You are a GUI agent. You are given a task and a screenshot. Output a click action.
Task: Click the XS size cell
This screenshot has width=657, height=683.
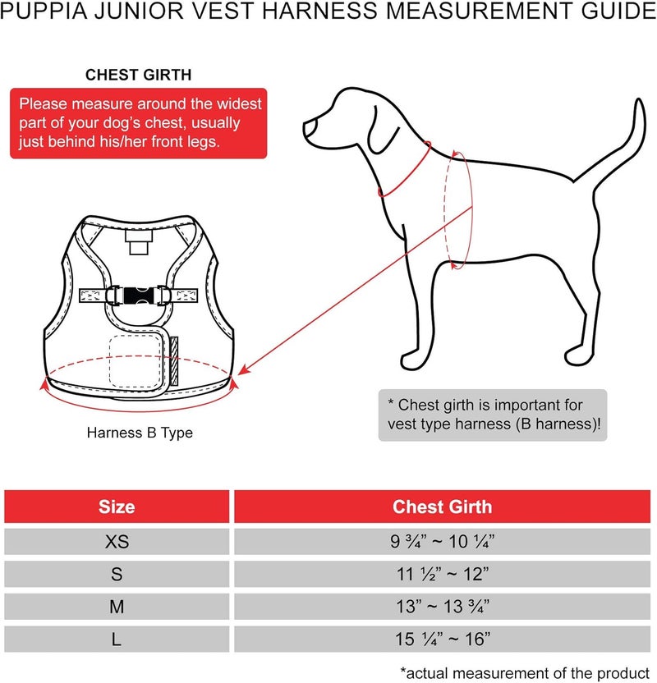(x=117, y=542)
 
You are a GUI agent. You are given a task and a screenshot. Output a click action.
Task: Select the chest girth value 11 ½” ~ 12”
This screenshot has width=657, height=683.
(x=442, y=574)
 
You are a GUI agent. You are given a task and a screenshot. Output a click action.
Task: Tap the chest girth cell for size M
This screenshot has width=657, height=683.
(x=442, y=607)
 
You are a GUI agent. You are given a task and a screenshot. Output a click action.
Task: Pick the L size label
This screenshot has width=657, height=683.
(x=117, y=639)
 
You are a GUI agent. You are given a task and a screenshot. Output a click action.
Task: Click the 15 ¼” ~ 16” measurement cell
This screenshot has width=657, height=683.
(x=442, y=639)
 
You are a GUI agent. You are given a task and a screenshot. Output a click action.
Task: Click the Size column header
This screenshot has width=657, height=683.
(x=117, y=507)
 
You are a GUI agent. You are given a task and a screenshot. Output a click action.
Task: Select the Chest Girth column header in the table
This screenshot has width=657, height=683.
(x=442, y=507)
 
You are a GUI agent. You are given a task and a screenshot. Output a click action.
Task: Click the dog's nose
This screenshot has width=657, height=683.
(x=308, y=127)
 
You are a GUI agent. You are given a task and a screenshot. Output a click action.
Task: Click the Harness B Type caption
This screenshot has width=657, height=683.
(x=140, y=433)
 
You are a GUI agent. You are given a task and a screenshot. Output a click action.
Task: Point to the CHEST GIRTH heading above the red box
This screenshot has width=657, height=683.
(x=139, y=75)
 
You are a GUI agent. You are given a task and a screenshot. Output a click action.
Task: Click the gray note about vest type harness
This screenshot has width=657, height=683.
(x=493, y=415)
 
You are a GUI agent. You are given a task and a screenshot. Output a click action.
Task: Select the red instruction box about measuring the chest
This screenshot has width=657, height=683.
(x=138, y=123)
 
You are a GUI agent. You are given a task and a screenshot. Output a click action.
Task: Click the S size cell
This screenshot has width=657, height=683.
(x=117, y=574)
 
